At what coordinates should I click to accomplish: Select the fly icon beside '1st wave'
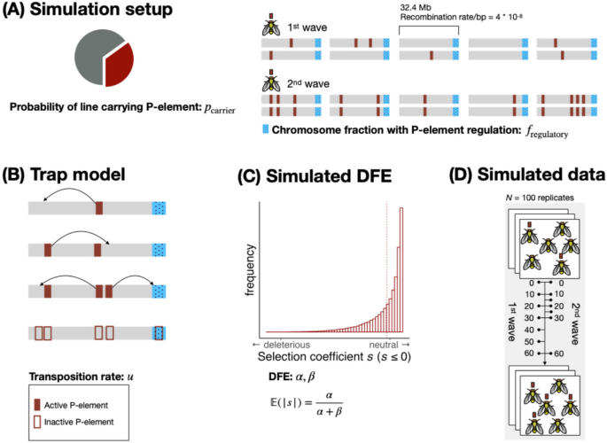[x=269, y=27]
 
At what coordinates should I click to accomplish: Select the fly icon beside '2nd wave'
[x=269, y=84]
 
